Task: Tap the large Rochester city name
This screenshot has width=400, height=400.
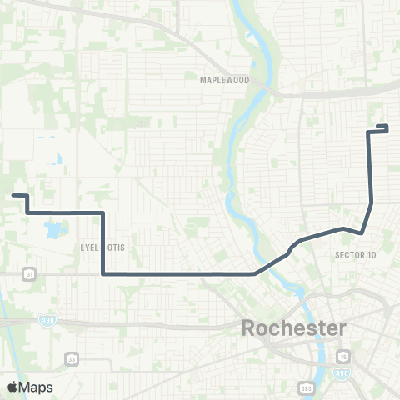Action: pyautogui.click(x=293, y=327)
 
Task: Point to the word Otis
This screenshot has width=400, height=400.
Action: pyautogui.click(x=112, y=247)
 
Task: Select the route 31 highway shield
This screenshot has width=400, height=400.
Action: pyautogui.click(x=30, y=272)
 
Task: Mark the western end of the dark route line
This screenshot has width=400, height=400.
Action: pyautogui.click(x=13, y=196)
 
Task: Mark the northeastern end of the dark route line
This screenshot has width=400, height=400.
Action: pyautogui.click(x=387, y=127)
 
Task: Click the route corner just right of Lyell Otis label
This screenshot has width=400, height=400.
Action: pyautogui.click(x=102, y=213)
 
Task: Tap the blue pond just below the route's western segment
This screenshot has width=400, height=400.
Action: pyautogui.click(x=56, y=227)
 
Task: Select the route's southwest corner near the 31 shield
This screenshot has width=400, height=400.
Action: pyautogui.click(x=102, y=272)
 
